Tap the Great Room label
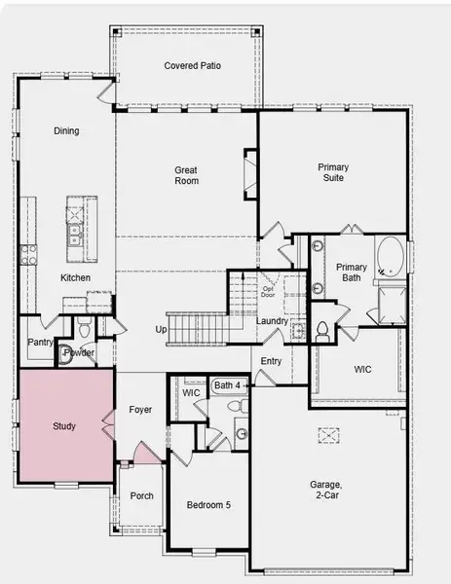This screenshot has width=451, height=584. click(x=186, y=175)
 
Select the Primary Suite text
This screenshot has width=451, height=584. click(x=333, y=173)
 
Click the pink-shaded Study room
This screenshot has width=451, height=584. click(x=64, y=426)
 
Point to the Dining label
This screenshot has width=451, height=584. click(x=67, y=131)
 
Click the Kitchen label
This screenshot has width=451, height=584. click(x=75, y=278)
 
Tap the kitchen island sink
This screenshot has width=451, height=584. click(x=75, y=234)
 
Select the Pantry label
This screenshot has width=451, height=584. click(x=40, y=343)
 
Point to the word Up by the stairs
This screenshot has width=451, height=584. click(x=161, y=329)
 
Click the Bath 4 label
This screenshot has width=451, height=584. click(x=226, y=385)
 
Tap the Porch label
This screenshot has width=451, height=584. click(x=142, y=495)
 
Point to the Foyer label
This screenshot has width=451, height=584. click(x=140, y=410)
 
